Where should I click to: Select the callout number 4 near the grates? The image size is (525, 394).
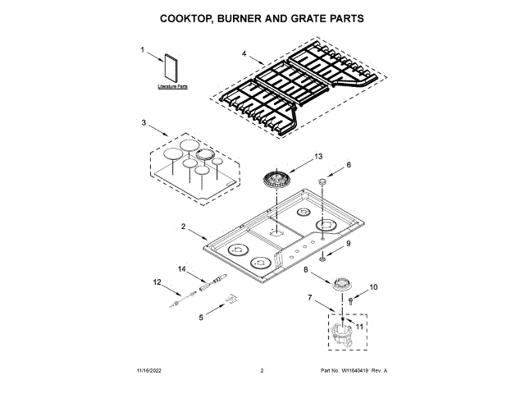(x=244, y=54)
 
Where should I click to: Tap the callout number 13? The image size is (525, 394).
(x=319, y=156)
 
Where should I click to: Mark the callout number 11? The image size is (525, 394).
(x=358, y=326)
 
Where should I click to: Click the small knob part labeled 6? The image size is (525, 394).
(x=323, y=181)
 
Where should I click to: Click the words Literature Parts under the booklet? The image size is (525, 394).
(x=172, y=85)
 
